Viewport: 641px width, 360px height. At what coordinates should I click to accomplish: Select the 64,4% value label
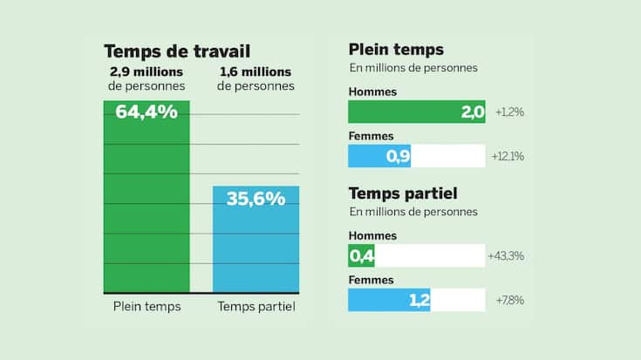tap(147, 112)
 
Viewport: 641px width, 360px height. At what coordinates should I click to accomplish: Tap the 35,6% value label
tap(256, 198)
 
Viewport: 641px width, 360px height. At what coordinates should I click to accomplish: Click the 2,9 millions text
tap(147, 71)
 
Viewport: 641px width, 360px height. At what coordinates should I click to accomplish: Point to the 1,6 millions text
tap(256, 71)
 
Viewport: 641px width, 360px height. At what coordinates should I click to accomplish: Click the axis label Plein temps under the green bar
tap(147, 307)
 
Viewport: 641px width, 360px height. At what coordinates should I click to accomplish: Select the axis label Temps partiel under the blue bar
tap(256, 307)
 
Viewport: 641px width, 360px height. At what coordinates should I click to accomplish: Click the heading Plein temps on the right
tap(395, 50)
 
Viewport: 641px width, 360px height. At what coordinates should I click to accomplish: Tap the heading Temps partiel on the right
tap(403, 194)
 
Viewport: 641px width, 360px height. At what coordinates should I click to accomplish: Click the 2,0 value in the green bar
tap(473, 112)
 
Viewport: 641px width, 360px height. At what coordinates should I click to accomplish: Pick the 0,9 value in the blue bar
tap(398, 157)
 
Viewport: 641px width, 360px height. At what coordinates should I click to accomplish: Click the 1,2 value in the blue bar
tap(419, 301)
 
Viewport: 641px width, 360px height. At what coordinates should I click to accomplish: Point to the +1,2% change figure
tap(508, 112)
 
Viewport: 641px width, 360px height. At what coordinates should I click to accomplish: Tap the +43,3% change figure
tap(512, 256)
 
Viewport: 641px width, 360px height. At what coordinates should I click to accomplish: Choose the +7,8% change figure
tap(509, 301)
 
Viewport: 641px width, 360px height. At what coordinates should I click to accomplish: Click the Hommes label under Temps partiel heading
tap(372, 235)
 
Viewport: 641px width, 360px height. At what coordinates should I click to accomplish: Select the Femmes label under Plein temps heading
tap(372, 136)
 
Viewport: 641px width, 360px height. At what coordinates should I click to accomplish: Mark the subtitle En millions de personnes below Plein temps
tap(413, 68)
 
